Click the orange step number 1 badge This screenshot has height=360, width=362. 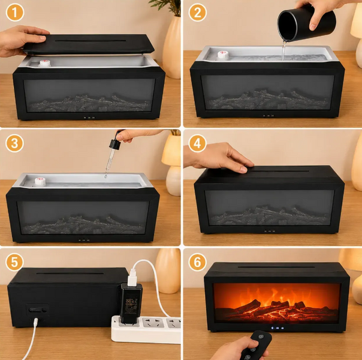pos(15,13)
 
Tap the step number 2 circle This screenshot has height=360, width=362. pos(197,13)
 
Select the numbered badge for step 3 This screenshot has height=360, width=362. pos(14,143)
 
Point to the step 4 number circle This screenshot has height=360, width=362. pos(197,143)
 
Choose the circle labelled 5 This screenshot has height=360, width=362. pos(14,262)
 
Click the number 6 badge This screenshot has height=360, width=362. pos(197,262)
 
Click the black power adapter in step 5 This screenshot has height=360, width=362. pos(131,303)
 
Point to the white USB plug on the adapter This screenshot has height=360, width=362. pos(132,277)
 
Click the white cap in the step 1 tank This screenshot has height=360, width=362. pos(44,63)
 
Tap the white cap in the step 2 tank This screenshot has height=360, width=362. pos(223,55)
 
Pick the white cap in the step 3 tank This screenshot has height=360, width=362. pos(40,181)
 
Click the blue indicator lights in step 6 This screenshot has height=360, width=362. pos(277,328)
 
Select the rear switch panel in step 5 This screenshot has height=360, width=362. pos(37,310)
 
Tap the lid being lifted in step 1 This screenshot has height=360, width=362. pos(89,44)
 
